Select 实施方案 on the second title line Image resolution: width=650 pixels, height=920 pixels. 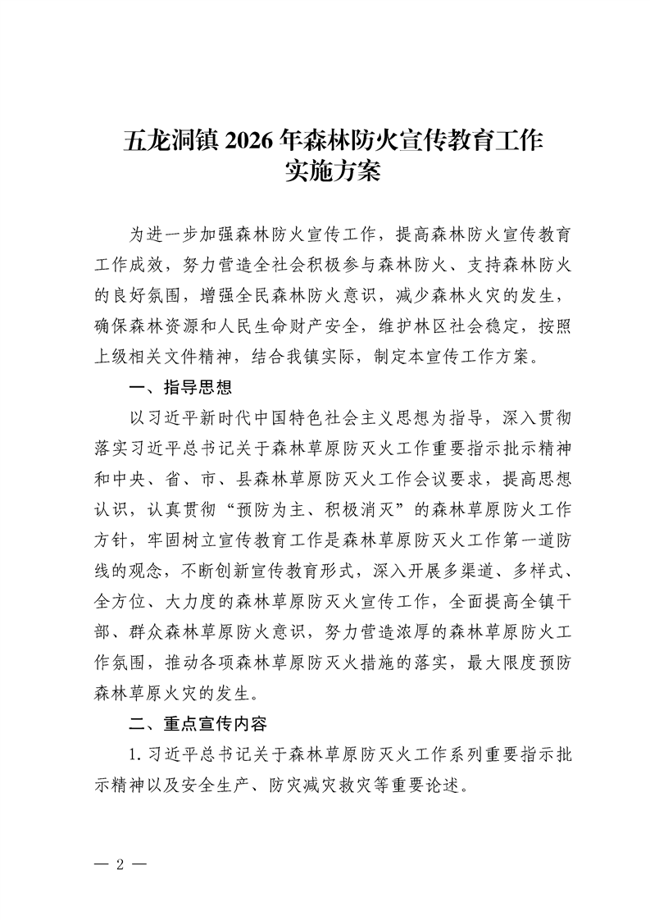(325, 172)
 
